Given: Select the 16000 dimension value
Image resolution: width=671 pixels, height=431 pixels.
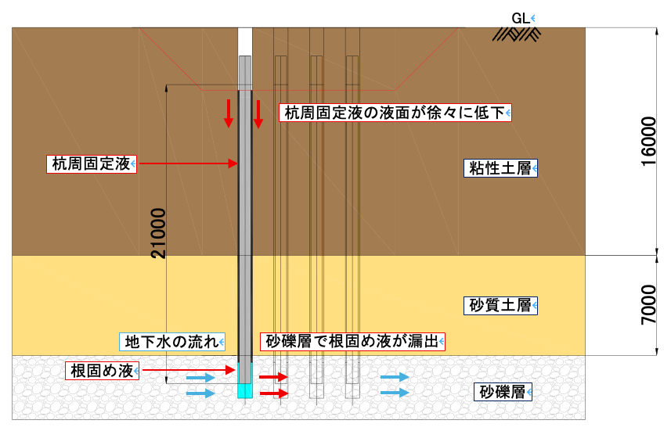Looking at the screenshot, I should click(x=648, y=142).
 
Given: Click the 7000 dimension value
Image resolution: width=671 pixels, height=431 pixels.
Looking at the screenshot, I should click(x=648, y=305).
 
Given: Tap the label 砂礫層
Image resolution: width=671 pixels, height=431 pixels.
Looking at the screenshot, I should click(x=505, y=390).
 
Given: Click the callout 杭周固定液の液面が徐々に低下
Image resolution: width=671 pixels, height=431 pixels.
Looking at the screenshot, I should click(x=395, y=113).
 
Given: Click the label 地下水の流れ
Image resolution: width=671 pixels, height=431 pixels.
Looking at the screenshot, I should click(x=172, y=341).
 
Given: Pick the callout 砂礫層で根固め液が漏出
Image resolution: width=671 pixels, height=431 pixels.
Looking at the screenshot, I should click(x=352, y=341).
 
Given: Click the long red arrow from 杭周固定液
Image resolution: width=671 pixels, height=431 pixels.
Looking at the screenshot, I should click(x=187, y=163).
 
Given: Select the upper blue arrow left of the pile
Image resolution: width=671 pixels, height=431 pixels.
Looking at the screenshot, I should click(x=200, y=377).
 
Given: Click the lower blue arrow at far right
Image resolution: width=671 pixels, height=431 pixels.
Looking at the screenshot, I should click(x=395, y=393).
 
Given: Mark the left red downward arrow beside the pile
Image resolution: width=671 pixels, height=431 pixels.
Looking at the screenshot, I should click(x=229, y=113).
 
